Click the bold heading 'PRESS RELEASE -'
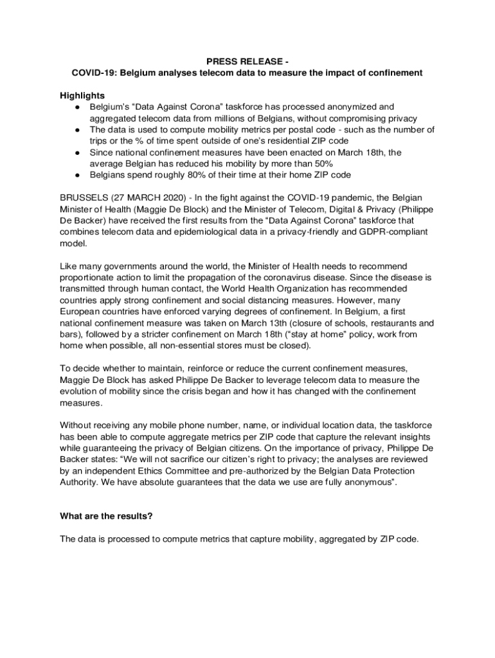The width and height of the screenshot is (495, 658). click(247, 62)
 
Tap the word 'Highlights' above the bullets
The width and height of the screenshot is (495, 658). click(82, 96)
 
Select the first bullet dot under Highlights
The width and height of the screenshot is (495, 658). click(77, 107)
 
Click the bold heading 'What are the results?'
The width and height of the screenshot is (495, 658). click(106, 515)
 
